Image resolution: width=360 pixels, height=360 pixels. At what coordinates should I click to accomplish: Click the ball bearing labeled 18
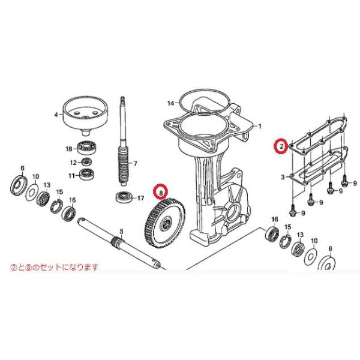click(88, 148)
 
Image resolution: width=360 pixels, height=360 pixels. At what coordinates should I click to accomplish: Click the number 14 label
click(170, 103)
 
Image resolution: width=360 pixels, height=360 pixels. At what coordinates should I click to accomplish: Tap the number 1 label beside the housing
click(260, 126)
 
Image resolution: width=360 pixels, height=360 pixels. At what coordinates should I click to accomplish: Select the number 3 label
click(282, 178)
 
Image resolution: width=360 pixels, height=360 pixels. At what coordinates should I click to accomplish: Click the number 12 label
click(71, 163)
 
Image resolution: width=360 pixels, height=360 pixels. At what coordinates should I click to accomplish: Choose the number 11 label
click(71, 175)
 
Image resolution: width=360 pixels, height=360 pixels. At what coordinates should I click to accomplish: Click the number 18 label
click(69, 148)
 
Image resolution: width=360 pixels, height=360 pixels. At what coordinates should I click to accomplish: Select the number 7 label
click(135, 163)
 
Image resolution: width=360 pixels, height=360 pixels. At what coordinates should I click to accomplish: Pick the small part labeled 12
click(88, 162)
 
